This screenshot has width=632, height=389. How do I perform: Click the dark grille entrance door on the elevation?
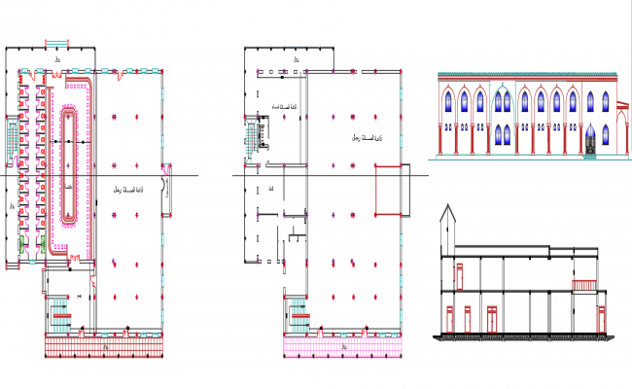tap(590, 146)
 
